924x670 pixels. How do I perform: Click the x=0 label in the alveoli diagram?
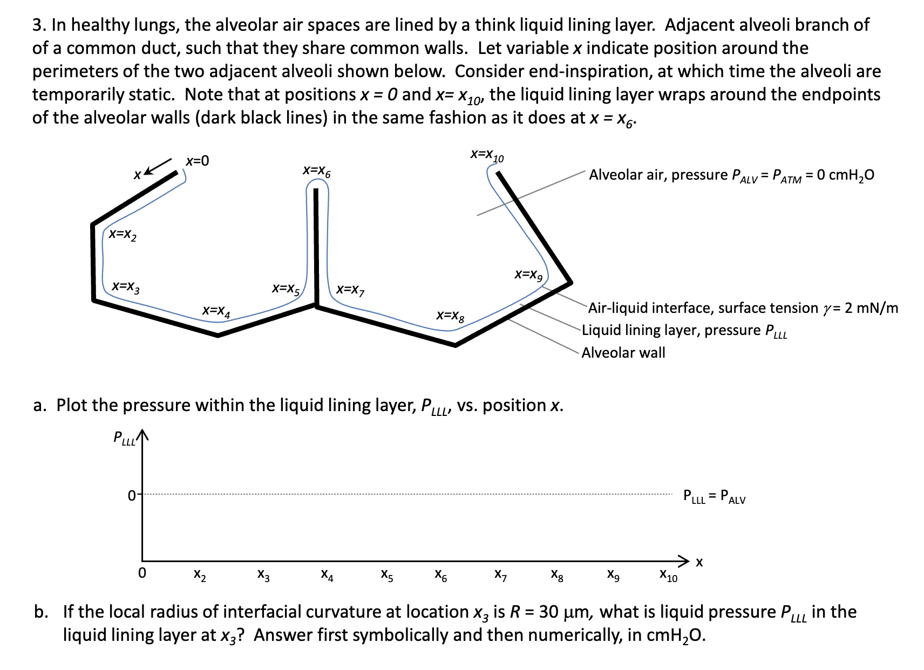198,161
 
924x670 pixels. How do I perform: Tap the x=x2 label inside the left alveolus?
123,235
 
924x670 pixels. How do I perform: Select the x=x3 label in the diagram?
125,286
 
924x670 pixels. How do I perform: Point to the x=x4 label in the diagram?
216,311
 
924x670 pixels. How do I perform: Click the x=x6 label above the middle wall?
317,171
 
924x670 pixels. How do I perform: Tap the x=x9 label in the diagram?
528,275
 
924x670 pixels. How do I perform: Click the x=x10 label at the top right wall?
487,155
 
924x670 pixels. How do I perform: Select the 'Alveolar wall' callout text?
623,353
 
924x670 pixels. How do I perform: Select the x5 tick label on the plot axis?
387,575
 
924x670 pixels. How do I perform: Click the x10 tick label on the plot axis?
668,576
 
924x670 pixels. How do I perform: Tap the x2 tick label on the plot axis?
200,575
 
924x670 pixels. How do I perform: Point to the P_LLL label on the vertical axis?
124,437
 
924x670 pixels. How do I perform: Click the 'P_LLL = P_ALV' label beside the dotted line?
714,496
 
